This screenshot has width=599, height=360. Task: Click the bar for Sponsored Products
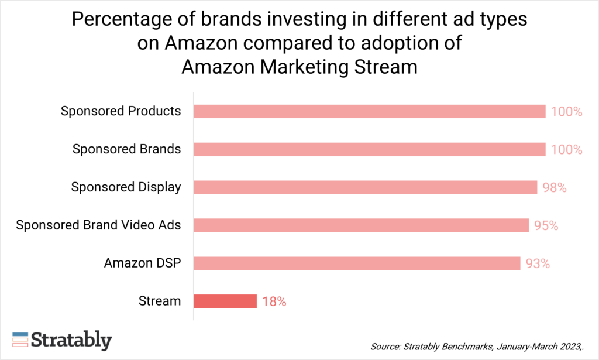[369, 111]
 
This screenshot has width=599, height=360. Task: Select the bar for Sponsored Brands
[369, 149]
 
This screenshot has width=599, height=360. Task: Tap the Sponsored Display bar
[365, 187]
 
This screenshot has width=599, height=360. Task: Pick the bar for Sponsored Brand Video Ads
[361, 225]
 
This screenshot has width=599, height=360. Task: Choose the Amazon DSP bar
[357, 263]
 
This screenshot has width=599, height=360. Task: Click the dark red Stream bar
[225, 301]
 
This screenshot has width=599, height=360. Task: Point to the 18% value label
[274, 302]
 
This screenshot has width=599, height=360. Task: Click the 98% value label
[555, 188]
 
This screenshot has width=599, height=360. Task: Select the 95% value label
[546, 226]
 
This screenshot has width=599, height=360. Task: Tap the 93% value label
[538, 264]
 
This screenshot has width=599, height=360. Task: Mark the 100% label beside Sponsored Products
[566, 112]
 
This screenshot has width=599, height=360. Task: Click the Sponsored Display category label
[126, 187]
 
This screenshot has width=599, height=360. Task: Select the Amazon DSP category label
[142, 263]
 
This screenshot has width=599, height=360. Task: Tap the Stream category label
[160, 301]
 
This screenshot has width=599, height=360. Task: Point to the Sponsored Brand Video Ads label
[98, 225]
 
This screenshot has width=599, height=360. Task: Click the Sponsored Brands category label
[126, 149]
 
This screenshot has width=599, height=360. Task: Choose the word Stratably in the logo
[71, 340]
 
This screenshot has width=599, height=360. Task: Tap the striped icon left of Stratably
[20, 340]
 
